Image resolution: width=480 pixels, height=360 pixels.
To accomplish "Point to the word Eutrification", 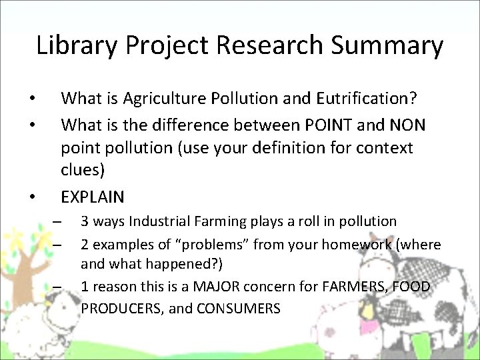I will (x=367, y=99).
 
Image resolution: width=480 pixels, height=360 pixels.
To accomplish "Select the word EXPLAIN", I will (x=93, y=197).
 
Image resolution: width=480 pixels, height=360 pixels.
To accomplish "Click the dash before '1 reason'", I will (x=58, y=287).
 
